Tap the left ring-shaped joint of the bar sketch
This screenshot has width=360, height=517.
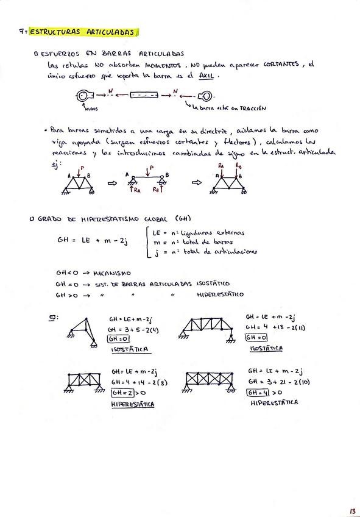(83, 95)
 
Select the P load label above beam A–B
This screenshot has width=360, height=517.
(152, 166)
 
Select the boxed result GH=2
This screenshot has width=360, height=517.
(119, 394)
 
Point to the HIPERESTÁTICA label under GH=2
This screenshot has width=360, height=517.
(132, 404)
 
